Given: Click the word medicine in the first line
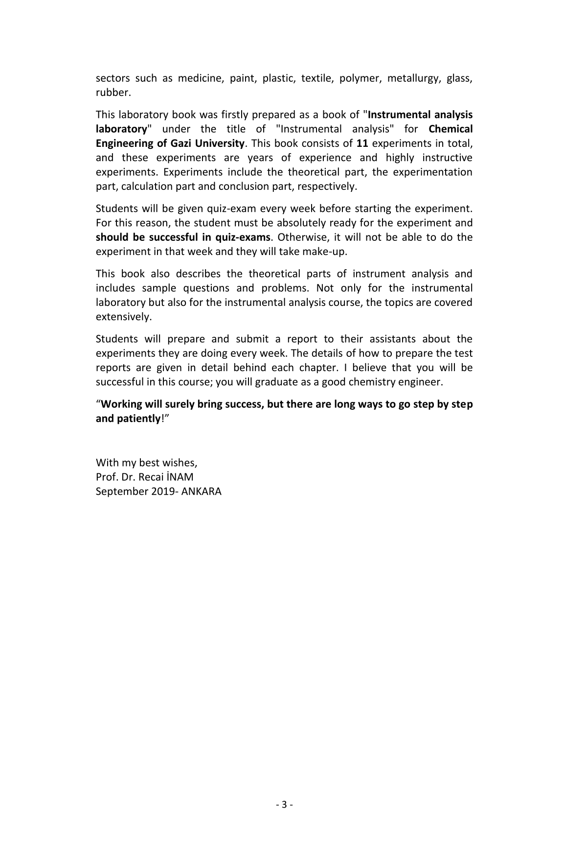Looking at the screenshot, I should [200, 78].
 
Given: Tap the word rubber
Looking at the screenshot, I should [113, 93].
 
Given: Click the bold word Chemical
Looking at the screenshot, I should [451, 129].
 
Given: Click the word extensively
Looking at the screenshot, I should [123, 317].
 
